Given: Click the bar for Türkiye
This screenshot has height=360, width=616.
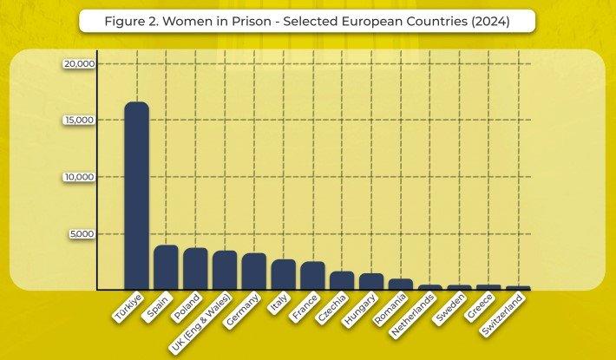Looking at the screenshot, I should tap(136, 196).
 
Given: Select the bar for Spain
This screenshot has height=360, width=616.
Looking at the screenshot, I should tap(166, 267).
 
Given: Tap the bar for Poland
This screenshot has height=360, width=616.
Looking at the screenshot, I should tap(195, 269).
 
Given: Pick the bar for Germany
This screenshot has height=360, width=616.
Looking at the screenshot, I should tap(254, 272).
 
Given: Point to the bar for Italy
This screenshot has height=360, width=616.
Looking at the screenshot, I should tap(284, 274).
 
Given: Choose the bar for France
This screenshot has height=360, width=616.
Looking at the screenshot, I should tap(313, 276).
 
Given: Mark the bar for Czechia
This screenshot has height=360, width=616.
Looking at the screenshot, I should tap(342, 280).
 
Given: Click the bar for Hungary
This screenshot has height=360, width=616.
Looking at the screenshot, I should tap(371, 281).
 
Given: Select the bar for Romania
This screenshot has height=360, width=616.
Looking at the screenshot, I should tap(401, 284).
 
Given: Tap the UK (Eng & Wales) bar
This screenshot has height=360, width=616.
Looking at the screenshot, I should tap(225, 270).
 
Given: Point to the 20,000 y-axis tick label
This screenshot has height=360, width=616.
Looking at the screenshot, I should tap(80, 63).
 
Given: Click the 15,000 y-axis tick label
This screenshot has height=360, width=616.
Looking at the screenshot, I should tap(80, 120).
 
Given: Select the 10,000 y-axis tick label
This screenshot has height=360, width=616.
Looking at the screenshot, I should tap(80, 177).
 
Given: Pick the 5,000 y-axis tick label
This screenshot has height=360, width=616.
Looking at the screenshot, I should tap(82, 234).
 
